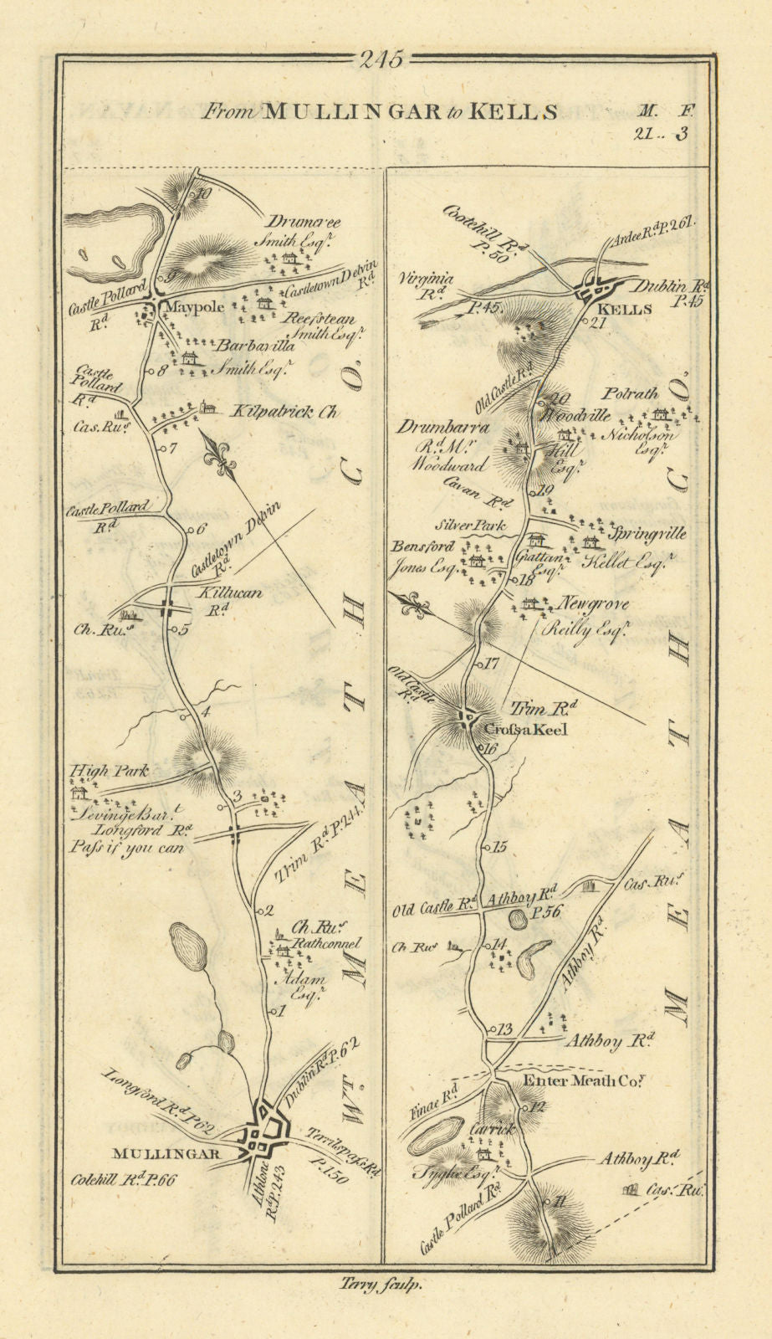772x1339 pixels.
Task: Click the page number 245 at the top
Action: point(381,60)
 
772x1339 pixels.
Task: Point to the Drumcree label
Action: point(304,222)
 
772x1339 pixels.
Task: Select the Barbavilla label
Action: point(247,345)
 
